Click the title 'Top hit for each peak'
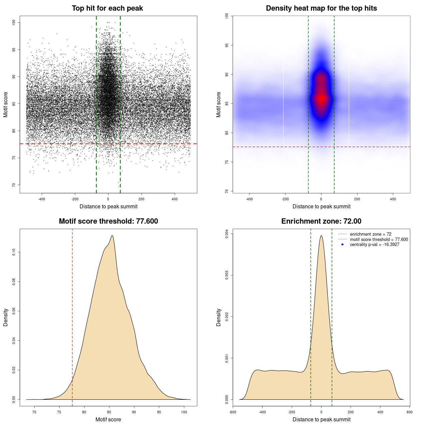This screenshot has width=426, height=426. tap(107, 8)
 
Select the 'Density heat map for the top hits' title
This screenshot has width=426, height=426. tap(321, 8)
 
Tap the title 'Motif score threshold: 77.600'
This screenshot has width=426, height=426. tap(108, 221)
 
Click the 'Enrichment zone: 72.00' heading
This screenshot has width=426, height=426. tap(321, 221)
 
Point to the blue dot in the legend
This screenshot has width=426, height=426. tap(342, 245)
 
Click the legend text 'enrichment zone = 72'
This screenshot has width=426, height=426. tap(370, 234)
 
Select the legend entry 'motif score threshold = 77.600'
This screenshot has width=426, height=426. tap(379, 239)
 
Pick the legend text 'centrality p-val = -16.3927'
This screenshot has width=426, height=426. tap(374, 245)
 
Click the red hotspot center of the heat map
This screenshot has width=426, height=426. tap(321, 99)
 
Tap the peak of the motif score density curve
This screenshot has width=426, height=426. tap(112, 236)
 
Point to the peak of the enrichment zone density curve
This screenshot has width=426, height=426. tap(321, 236)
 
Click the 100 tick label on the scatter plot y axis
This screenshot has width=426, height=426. tap(14, 22)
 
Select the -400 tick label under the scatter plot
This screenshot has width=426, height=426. tap(42, 199)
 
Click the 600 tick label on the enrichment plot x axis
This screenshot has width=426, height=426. tap(409, 412)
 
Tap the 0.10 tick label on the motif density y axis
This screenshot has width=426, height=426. tap(14, 252)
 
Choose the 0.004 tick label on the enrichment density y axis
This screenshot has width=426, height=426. tap(227, 234)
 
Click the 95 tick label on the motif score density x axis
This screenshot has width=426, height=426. tap(159, 412)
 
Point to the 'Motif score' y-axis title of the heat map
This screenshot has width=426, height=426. tap(219, 105)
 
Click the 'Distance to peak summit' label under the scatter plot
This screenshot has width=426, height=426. tap(108, 207)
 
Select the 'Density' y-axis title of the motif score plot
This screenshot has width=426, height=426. tap(6, 317)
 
